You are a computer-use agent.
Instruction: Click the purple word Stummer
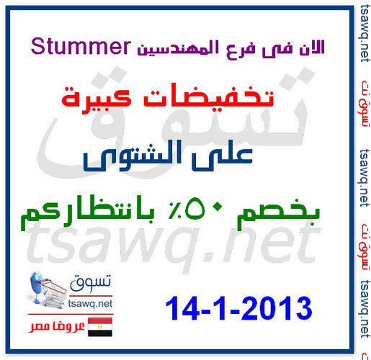[81, 47]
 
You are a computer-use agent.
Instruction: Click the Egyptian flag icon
[100, 327]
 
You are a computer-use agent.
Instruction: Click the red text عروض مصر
[56, 326]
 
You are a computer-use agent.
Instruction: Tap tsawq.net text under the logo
[90, 304]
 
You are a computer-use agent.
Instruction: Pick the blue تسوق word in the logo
[91, 282]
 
